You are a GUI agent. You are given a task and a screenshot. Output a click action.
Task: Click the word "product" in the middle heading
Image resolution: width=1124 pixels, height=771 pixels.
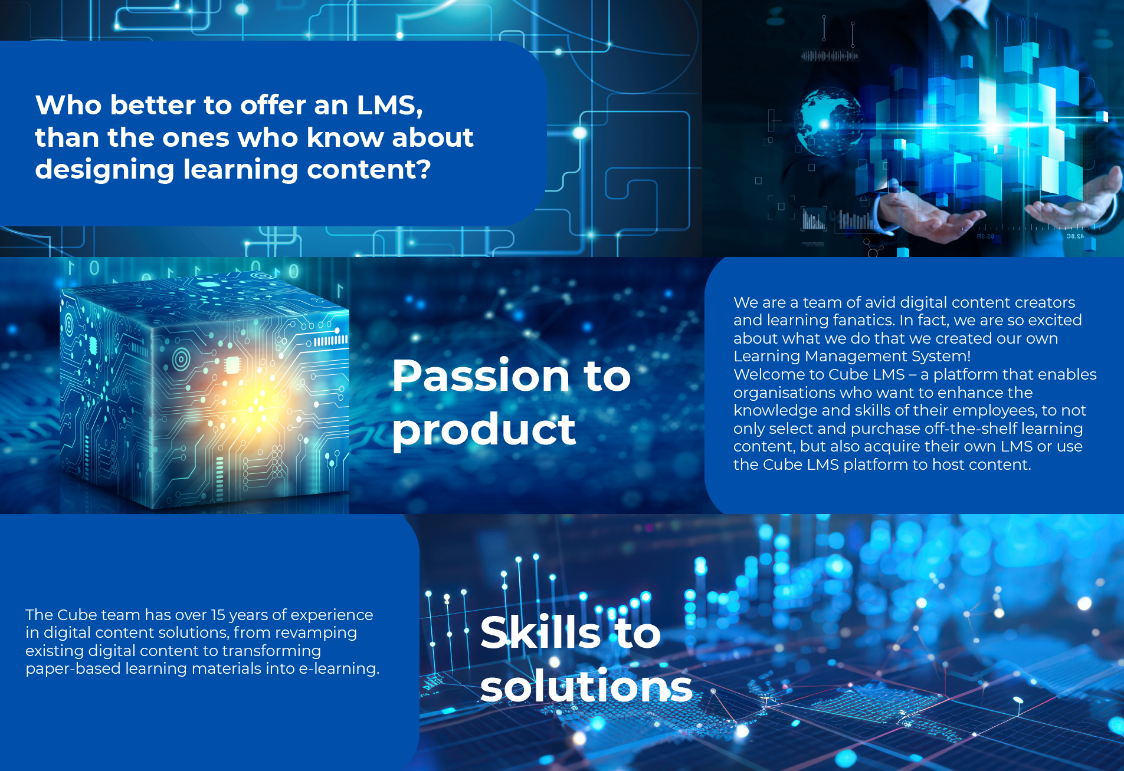point(484,430)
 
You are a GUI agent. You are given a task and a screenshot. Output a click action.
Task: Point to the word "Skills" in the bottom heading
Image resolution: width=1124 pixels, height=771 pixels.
point(540,632)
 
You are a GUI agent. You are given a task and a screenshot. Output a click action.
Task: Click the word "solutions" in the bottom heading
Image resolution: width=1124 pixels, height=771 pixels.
point(586,687)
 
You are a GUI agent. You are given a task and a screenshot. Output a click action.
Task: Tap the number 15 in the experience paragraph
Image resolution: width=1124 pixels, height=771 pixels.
point(218,615)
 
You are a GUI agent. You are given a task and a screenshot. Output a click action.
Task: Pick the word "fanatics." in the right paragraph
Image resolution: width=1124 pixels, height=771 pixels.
point(862,320)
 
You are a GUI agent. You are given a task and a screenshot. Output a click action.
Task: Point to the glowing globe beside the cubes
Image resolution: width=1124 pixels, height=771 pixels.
point(828,122)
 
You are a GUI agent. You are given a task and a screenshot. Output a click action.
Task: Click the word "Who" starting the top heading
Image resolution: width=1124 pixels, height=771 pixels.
point(68,106)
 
